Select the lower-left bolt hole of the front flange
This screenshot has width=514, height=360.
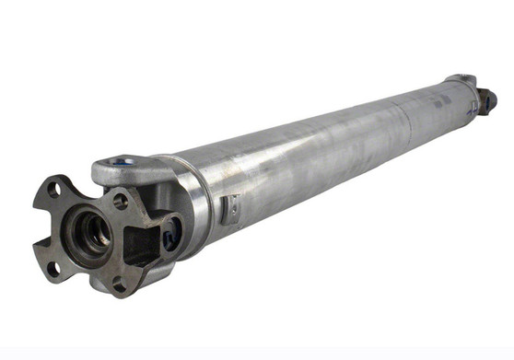click(x=53, y=268)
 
